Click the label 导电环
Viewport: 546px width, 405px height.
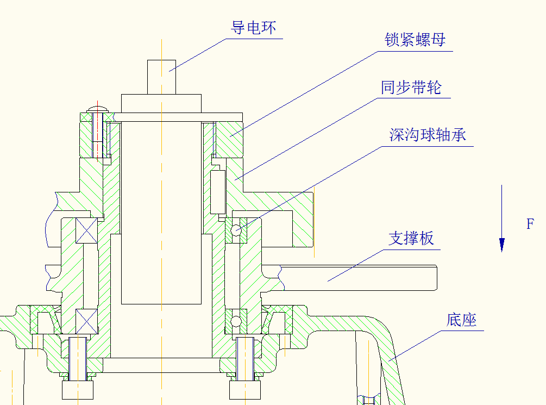(254, 28)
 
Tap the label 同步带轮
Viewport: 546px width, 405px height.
(411, 88)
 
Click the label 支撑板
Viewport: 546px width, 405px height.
(411, 238)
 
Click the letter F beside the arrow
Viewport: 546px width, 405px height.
(530, 223)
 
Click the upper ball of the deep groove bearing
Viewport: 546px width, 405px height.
(236, 230)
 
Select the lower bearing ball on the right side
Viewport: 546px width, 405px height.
(236, 322)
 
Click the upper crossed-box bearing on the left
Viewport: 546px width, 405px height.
(86, 229)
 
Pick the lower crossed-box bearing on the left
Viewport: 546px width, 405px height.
(86, 321)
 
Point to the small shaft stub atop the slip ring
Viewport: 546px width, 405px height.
(162, 77)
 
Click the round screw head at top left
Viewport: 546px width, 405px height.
(98, 107)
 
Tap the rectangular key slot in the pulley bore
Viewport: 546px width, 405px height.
(218, 191)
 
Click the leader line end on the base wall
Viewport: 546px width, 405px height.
(390, 359)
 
